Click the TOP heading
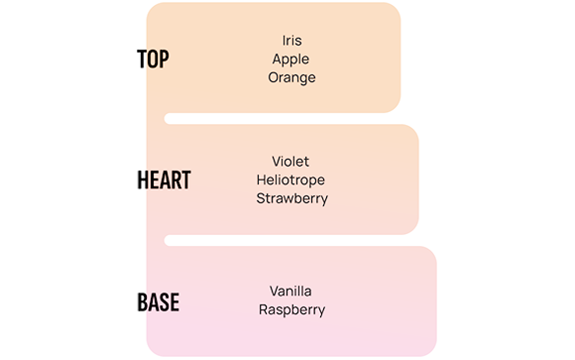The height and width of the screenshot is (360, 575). coord(153,59)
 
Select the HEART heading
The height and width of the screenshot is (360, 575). coord(164,180)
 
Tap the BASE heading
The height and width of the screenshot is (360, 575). coord(158,302)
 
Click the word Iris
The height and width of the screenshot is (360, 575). coord(291,41)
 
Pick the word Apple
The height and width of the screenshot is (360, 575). coord(290,60)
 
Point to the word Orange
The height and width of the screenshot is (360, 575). coord(291,77)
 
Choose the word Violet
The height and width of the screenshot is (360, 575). coord(290,162)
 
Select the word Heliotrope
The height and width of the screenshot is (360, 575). coord(290,180)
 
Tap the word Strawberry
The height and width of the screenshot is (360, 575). coord(291,199)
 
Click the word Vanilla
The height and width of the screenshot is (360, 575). coord(290,291)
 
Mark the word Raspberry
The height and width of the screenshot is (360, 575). coord(291,310)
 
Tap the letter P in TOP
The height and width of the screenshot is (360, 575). coord(164,59)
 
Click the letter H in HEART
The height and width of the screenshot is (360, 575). coord(143,180)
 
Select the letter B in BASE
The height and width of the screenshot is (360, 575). coord(143,302)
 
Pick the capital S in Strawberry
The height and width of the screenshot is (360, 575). coord(261,198)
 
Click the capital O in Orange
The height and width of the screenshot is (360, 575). coord(274,77)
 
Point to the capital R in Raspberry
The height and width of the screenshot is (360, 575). coord(264,309)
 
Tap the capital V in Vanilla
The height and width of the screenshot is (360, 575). coord(276,291)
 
